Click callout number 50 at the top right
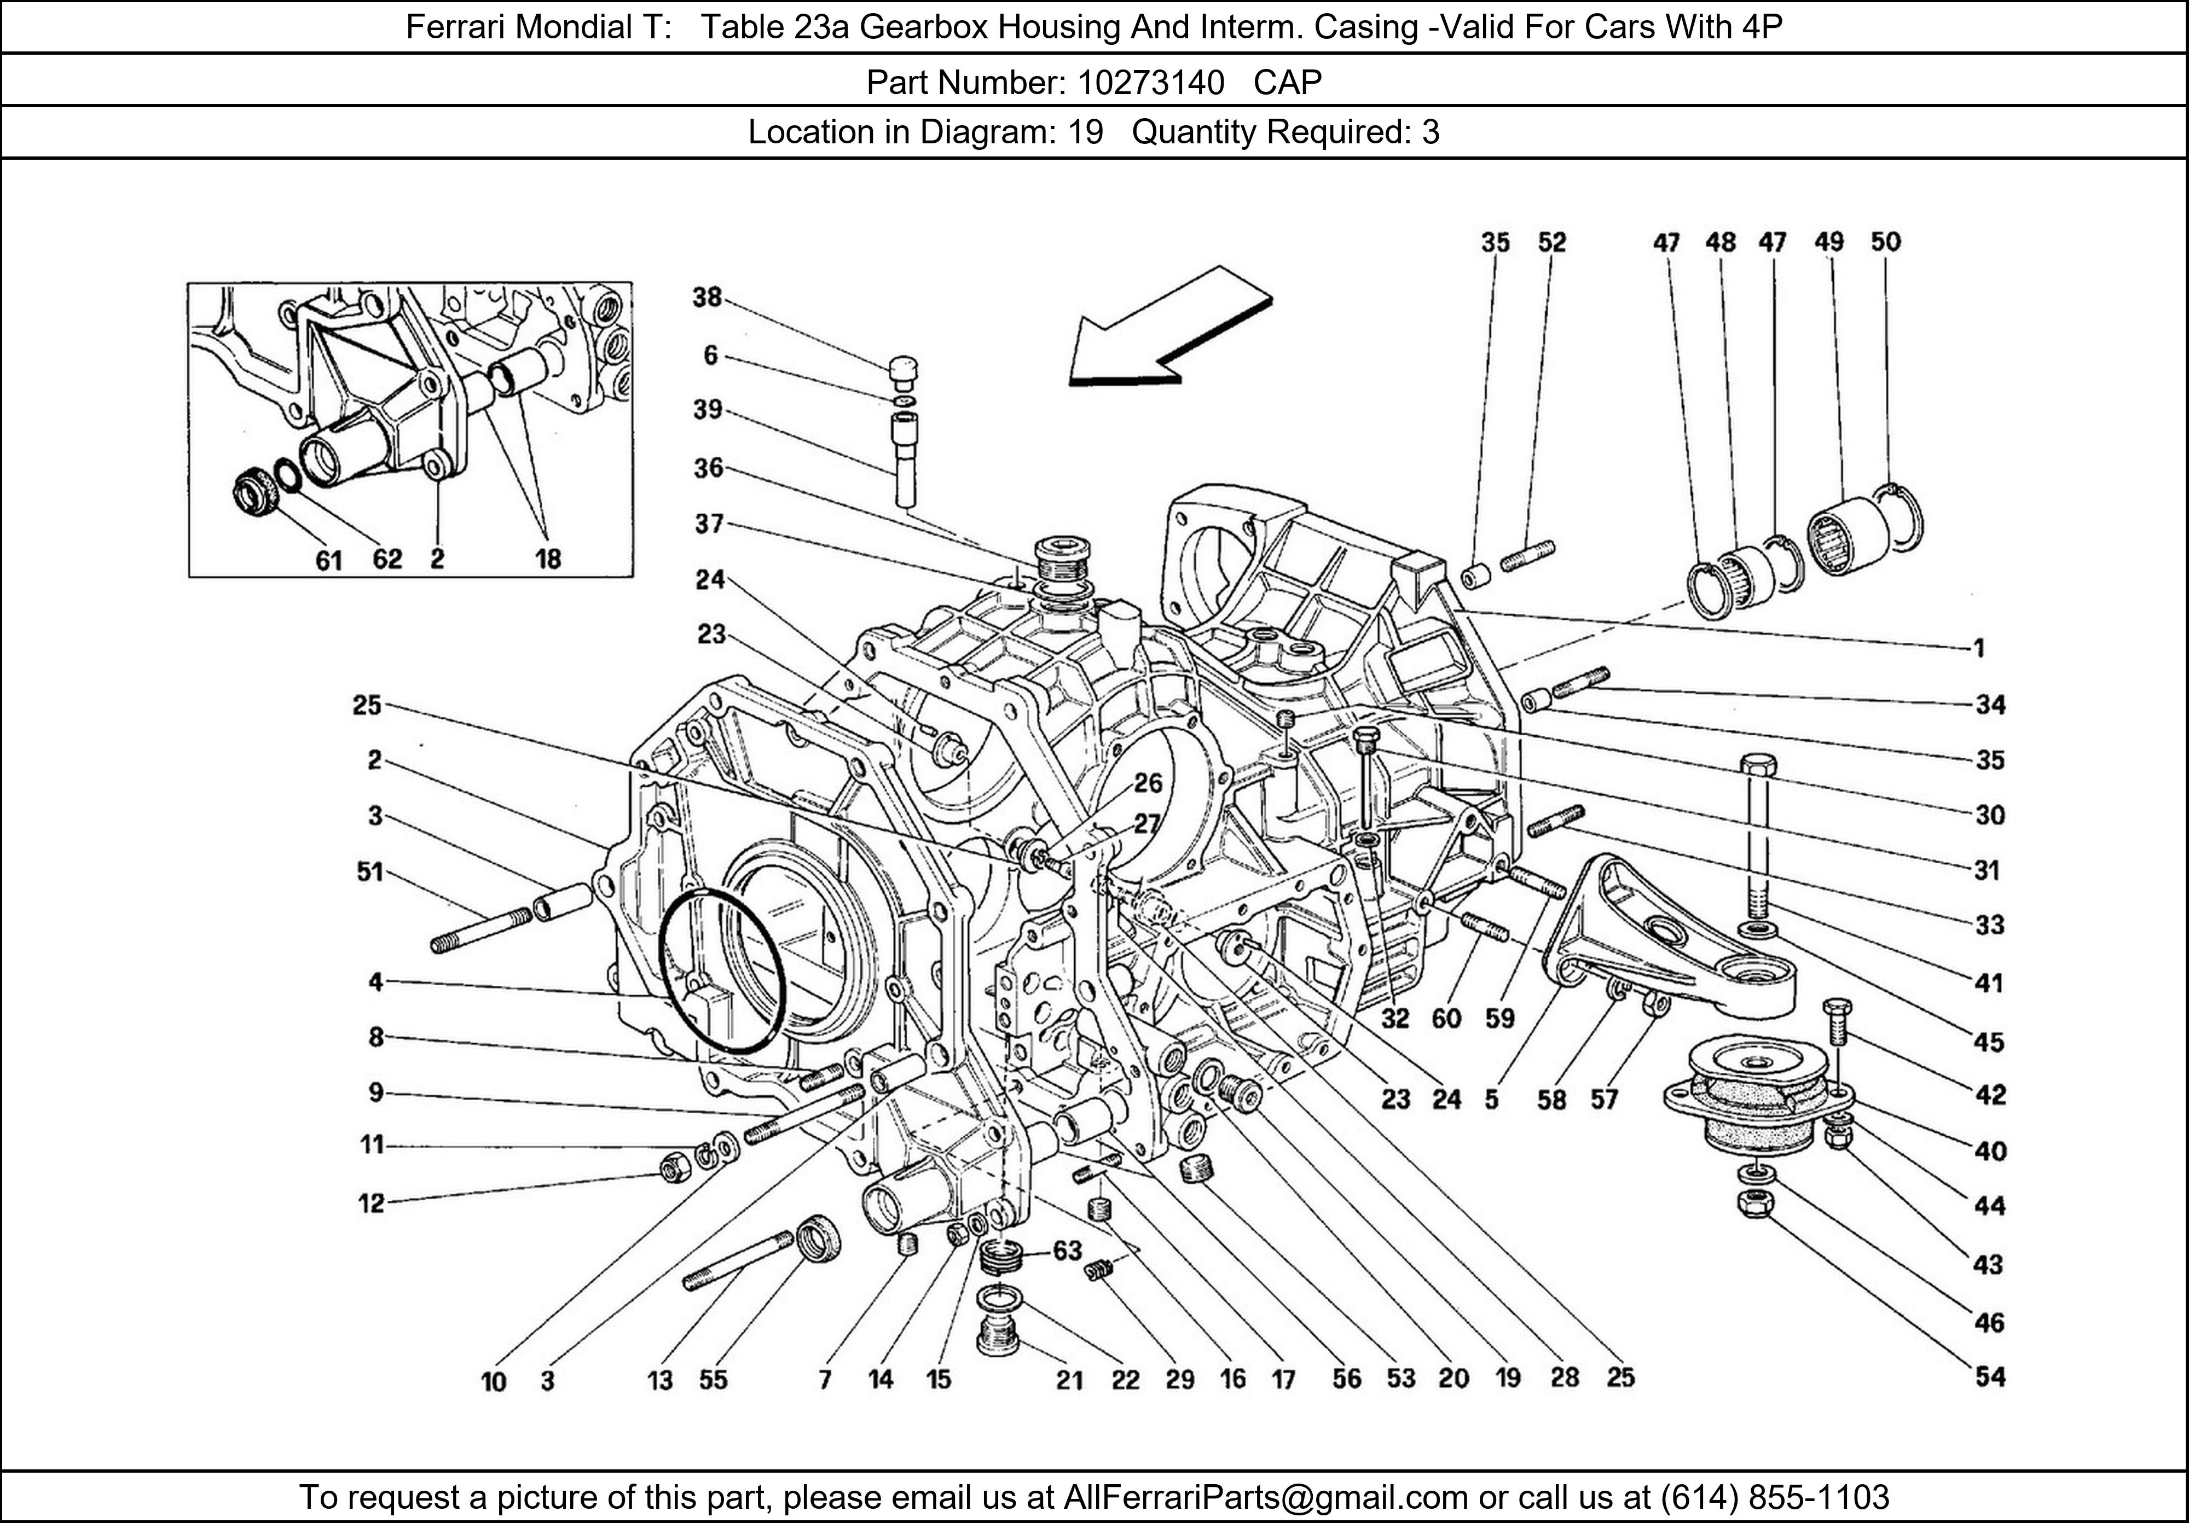(x=1885, y=242)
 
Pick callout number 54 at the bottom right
(x=1990, y=1376)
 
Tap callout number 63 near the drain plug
(x=1068, y=1249)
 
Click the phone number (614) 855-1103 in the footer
(x=1774, y=1497)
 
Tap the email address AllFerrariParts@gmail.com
(x=1265, y=1497)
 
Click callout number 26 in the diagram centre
(x=1148, y=782)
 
